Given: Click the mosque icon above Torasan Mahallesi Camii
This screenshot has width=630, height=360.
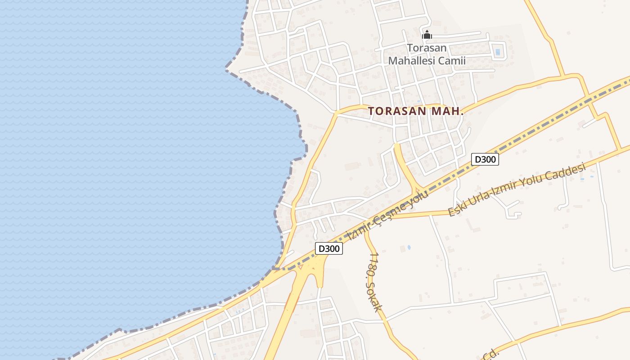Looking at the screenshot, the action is [427, 35].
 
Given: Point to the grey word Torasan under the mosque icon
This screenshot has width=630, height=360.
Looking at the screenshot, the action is [427, 48].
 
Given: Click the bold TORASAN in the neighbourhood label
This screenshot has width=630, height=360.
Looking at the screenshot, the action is [395, 111].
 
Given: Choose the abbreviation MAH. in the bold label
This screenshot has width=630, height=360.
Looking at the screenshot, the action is [447, 111].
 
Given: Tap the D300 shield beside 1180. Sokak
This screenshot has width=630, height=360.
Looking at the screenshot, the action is [328, 248].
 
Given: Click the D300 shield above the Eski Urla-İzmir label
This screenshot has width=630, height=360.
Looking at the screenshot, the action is [485, 159].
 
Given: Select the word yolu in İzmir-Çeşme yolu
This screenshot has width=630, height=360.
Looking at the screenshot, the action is [419, 197].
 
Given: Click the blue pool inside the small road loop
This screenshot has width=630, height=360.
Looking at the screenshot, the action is [497, 52].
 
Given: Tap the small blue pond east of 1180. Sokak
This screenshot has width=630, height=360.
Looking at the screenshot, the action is [409, 247].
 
